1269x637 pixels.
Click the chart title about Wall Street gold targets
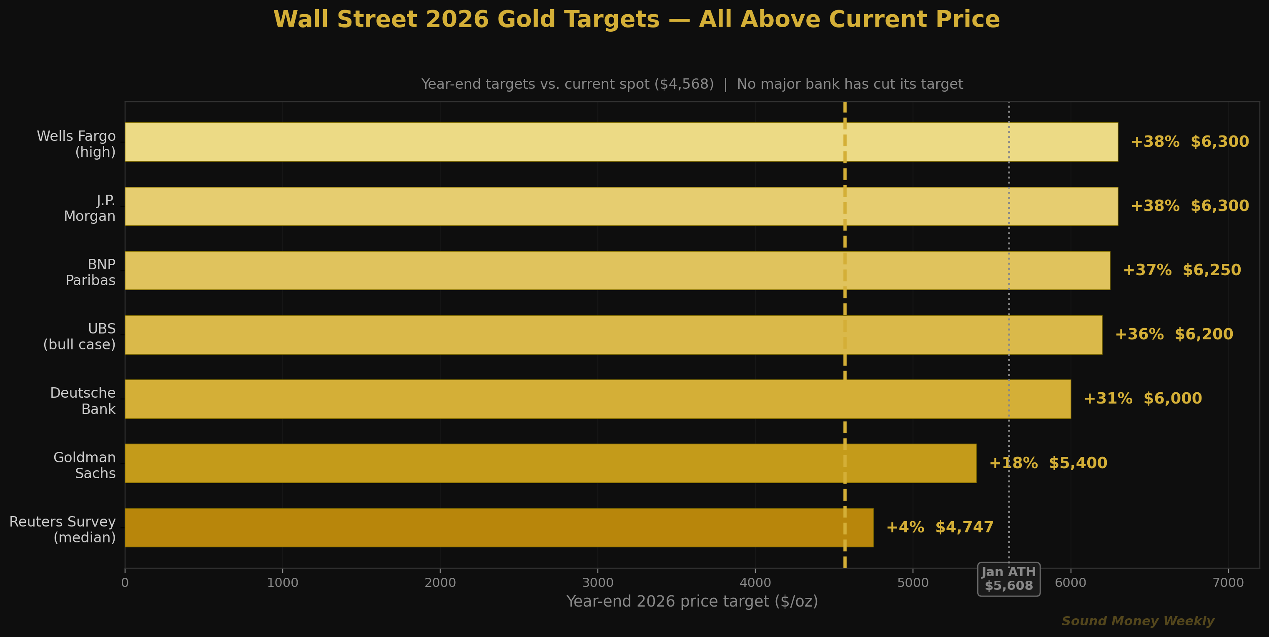(x=637, y=20)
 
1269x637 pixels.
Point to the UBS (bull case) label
(x=80, y=336)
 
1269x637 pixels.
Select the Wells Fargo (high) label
(x=77, y=144)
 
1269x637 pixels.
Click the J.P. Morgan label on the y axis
(x=90, y=208)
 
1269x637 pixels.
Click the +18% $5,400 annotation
(x=1048, y=463)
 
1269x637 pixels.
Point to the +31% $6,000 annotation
(x=1142, y=399)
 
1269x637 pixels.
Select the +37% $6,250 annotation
(x=1181, y=270)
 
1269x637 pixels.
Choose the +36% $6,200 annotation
(x=1174, y=334)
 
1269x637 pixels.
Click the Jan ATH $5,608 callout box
(x=1008, y=579)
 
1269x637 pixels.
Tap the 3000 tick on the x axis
(x=597, y=583)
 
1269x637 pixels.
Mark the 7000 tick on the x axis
(x=1228, y=583)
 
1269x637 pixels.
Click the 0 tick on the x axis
(x=125, y=583)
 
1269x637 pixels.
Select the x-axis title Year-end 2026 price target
(x=692, y=602)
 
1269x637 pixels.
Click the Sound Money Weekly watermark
(x=1137, y=621)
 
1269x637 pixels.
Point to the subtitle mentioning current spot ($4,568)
(x=692, y=84)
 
